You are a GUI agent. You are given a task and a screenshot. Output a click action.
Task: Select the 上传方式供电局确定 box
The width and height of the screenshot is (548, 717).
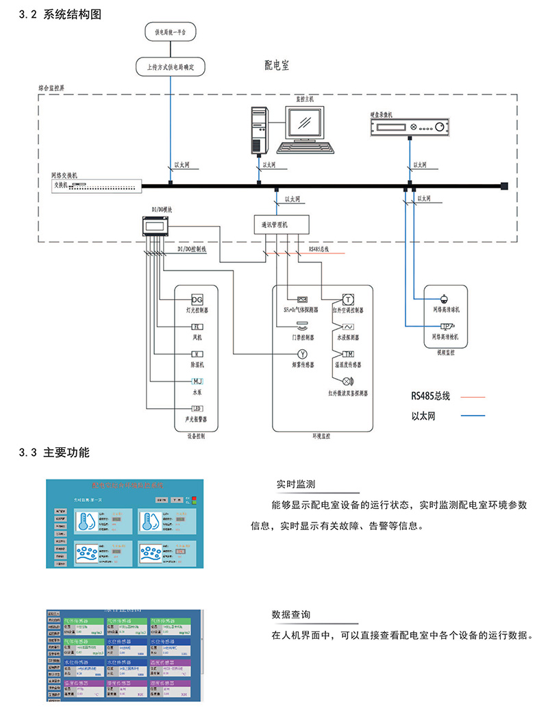[x=171, y=67]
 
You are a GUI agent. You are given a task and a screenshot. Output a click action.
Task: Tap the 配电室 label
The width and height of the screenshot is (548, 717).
[x=277, y=66]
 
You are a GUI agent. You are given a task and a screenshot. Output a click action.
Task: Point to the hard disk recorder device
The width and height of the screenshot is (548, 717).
[x=409, y=126]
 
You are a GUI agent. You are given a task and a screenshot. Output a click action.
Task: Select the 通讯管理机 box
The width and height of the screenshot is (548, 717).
[x=280, y=223]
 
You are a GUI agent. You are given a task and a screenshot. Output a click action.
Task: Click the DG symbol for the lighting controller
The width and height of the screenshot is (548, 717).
[x=197, y=300]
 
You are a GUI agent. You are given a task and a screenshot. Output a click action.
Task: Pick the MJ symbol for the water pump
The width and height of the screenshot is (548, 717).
[x=197, y=381]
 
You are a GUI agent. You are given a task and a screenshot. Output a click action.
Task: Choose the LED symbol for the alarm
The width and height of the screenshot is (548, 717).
[x=197, y=409]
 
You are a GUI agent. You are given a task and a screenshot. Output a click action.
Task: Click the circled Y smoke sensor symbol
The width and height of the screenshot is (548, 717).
[x=301, y=353]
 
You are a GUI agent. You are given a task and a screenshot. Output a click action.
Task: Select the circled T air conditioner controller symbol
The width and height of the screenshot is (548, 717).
[x=348, y=299]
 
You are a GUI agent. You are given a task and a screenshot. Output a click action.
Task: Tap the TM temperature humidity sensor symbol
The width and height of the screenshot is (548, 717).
[x=348, y=353]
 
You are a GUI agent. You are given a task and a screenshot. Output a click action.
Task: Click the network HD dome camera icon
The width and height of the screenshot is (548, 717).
[x=444, y=299]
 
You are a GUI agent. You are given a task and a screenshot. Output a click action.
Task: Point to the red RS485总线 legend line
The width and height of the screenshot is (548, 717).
[x=468, y=397]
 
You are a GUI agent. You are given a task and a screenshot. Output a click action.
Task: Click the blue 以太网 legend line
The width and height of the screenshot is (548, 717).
[x=468, y=416]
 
